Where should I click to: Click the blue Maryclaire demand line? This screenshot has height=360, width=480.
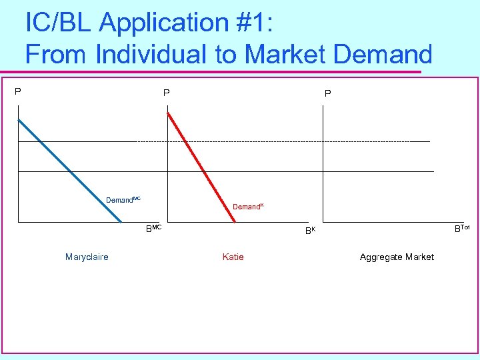[70, 170]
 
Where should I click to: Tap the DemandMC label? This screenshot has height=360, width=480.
[123, 200]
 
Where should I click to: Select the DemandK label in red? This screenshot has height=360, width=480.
[248, 207]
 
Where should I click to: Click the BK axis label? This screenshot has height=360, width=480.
[310, 231]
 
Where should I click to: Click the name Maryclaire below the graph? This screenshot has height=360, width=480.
[87, 257]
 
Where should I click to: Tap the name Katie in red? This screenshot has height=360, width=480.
[233, 257]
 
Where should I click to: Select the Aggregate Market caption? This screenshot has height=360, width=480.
[397, 257]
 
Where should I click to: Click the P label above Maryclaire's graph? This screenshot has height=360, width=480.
[19, 91]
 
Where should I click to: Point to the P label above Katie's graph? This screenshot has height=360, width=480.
[167, 94]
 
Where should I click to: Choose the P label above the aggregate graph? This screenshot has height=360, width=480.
[327, 94]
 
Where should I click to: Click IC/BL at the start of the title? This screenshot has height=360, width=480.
[59, 23]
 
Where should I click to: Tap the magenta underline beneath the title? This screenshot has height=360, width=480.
[220, 71]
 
